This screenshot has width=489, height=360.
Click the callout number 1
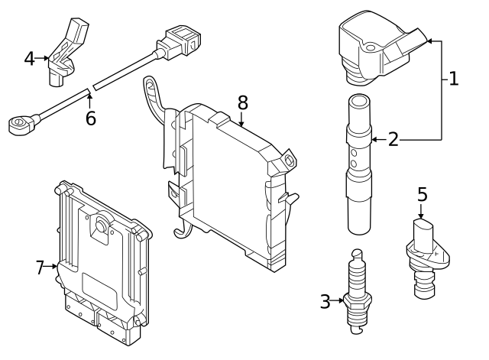453,79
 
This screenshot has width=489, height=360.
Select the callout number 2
393,139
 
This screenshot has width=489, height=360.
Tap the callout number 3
325,301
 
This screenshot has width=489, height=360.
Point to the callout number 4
29,59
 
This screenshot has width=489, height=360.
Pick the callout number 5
423,194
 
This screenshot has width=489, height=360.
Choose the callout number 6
90,118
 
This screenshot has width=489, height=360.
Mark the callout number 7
40,268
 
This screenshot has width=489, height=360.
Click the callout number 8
243,102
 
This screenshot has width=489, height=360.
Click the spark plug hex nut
358,300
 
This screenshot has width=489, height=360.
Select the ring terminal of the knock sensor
19,124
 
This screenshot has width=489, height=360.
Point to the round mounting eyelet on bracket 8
290,160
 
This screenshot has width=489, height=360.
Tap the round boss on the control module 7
101,225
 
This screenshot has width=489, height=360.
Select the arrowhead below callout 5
421,216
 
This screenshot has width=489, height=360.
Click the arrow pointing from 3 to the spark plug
337,300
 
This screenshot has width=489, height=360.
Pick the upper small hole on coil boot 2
354,153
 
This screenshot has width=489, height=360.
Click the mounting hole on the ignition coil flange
370,48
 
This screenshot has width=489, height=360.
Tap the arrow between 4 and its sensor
42,58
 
